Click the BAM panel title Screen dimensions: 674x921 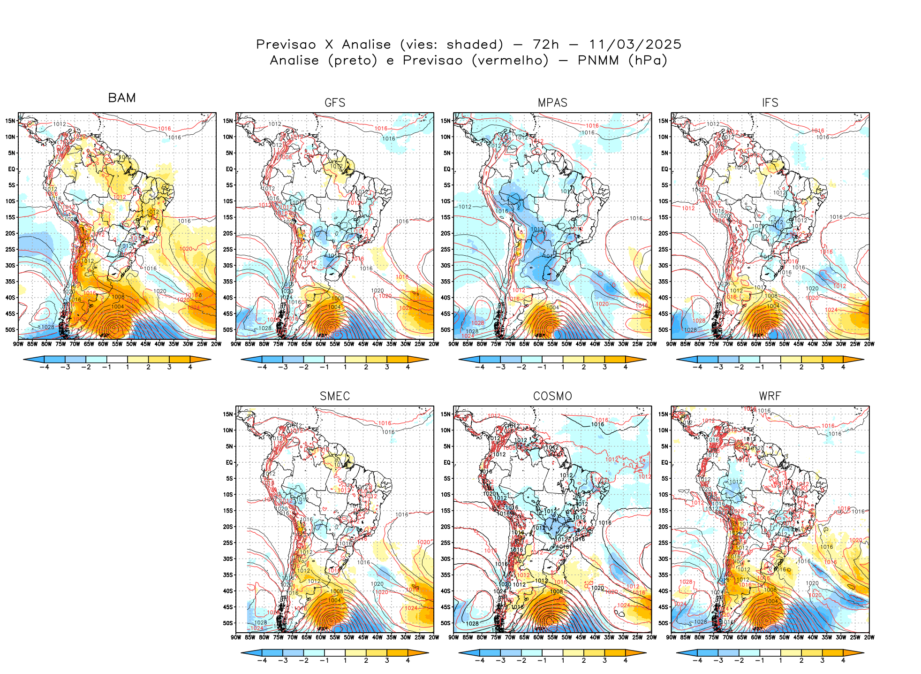click(x=122, y=98)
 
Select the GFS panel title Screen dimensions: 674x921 click(x=335, y=103)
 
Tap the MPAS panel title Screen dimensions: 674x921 click(x=552, y=103)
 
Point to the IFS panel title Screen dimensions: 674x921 click(x=770, y=103)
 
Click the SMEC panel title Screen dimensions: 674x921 click(x=335, y=396)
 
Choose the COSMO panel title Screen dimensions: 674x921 click(x=552, y=396)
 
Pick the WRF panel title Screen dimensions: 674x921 click(x=770, y=396)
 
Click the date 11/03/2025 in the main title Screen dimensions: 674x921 click(x=635, y=45)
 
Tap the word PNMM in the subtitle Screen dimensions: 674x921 click(x=598, y=61)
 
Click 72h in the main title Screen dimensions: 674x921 click(x=546, y=45)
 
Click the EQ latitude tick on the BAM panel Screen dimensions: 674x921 click(x=12, y=169)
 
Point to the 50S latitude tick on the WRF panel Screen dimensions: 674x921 click(x=664, y=623)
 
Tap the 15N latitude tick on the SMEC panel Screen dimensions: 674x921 click(x=228, y=414)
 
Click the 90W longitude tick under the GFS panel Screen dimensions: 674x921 click(x=236, y=344)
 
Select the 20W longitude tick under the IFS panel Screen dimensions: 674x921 click(x=869, y=344)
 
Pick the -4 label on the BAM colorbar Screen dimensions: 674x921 click(x=45, y=367)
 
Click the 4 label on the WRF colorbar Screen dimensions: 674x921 click(x=843, y=660)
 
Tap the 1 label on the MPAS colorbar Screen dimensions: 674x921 click(x=563, y=367)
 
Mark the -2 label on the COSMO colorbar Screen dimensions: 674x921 click(x=521, y=660)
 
